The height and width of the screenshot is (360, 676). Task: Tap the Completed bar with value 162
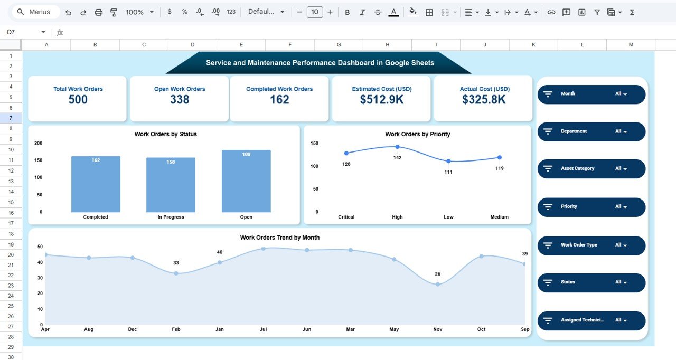(x=96, y=184)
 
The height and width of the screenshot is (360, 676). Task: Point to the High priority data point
(x=397, y=147)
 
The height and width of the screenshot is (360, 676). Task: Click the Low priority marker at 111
(x=448, y=161)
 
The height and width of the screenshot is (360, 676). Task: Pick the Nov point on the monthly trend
(x=438, y=284)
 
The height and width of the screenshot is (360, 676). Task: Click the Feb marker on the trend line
(x=176, y=273)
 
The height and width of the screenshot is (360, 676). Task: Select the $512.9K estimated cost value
(x=381, y=100)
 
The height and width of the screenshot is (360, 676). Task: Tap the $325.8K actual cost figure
(x=484, y=100)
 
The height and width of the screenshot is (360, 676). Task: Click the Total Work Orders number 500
(x=78, y=100)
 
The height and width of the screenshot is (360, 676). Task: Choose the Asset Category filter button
(x=591, y=169)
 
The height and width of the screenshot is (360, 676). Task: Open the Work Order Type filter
(x=591, y=245)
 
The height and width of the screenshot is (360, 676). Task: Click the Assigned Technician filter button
(x=591, y=320)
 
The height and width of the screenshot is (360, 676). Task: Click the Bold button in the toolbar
(x=347, y=12)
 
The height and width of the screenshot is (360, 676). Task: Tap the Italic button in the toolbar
(x=362, y=12)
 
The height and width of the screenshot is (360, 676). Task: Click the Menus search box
(x=35, y=12)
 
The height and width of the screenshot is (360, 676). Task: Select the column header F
(x=290, y=45)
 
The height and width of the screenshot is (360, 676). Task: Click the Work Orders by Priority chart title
(x=417, y=134)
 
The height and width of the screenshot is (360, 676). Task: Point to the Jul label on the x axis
(x=263, y=329)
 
